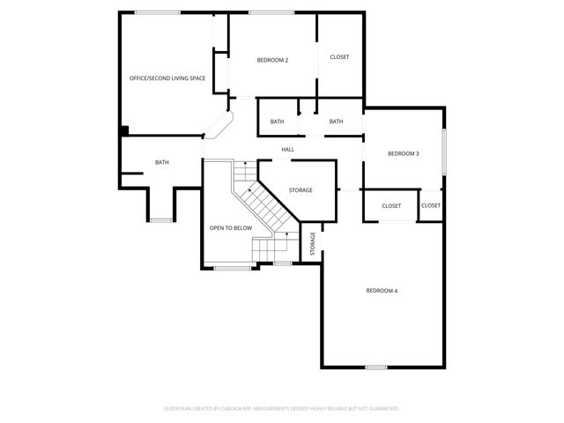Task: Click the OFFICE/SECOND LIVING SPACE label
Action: [167, 78]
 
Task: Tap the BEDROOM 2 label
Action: [272, 60]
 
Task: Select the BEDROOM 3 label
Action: [403, 153]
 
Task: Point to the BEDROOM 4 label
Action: [382, 290]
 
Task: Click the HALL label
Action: [288, 150]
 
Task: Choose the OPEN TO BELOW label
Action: [230, 228]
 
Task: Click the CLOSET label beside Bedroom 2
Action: [339, 57]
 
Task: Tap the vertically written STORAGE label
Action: [313, 244]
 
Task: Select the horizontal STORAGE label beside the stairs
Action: [301, 190]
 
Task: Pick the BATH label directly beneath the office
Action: [162, 162]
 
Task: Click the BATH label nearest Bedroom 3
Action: [336, 122]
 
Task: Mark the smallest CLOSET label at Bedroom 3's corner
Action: [430, 206]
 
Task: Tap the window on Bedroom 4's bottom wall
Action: [376, 367]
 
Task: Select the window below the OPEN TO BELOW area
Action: [232, 267]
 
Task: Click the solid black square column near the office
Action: [124, 131]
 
